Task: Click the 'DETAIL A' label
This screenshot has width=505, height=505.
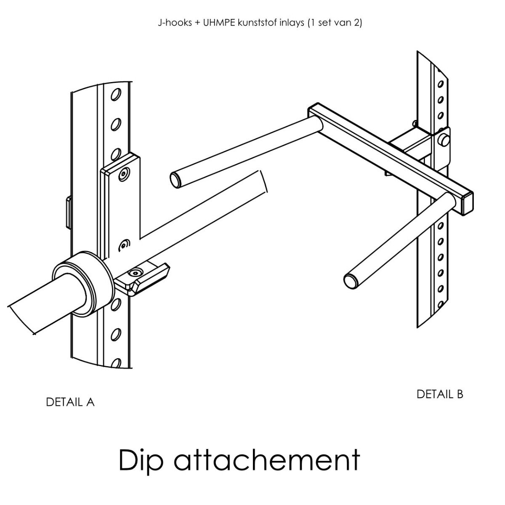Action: [x=70, y=402]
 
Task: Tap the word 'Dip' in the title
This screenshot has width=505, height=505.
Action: [x=140, y=460]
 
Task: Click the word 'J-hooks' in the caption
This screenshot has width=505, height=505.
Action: [x=175, y=23]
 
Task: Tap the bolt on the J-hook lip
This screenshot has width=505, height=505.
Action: [x=135, y=274]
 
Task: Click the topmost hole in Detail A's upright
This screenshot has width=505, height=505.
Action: [x=116, y=94]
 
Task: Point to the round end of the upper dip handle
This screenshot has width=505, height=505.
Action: [x=175, y=180]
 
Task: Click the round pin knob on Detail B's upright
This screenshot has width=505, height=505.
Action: [x=444, y=139]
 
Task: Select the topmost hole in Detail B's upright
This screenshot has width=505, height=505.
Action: [x=441, y=84]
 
